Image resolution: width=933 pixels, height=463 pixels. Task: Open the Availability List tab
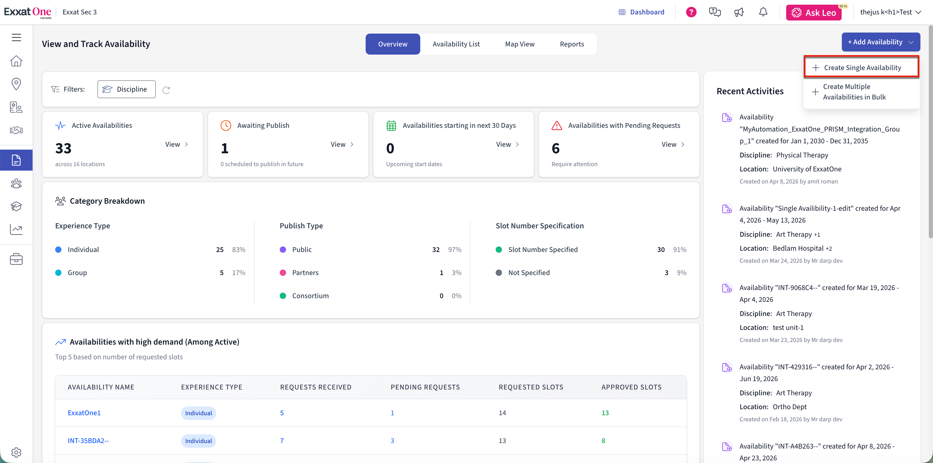pos(456,44)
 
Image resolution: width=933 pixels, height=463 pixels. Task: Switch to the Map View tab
pos(520,44)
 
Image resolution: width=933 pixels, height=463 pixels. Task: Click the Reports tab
pos(572,44)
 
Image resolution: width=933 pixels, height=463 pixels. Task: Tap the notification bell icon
pos(763,12)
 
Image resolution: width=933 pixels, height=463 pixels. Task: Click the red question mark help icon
pos(691,12)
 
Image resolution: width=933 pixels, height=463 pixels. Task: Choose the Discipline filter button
pos(126,89)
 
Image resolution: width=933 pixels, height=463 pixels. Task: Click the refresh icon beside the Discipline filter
pos(166,90)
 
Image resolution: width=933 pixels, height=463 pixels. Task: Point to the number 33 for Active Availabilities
pos(63,148)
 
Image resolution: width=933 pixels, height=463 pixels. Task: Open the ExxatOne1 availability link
pos(84,413)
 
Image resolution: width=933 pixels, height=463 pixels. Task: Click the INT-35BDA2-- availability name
pos(88,440)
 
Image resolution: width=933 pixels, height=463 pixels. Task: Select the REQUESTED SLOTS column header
pos(531,387)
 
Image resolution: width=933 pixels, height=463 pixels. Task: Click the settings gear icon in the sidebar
pos(16,452)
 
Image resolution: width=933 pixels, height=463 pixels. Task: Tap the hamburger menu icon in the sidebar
pos(16,37)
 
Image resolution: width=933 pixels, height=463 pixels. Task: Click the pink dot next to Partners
pos(283,273)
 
